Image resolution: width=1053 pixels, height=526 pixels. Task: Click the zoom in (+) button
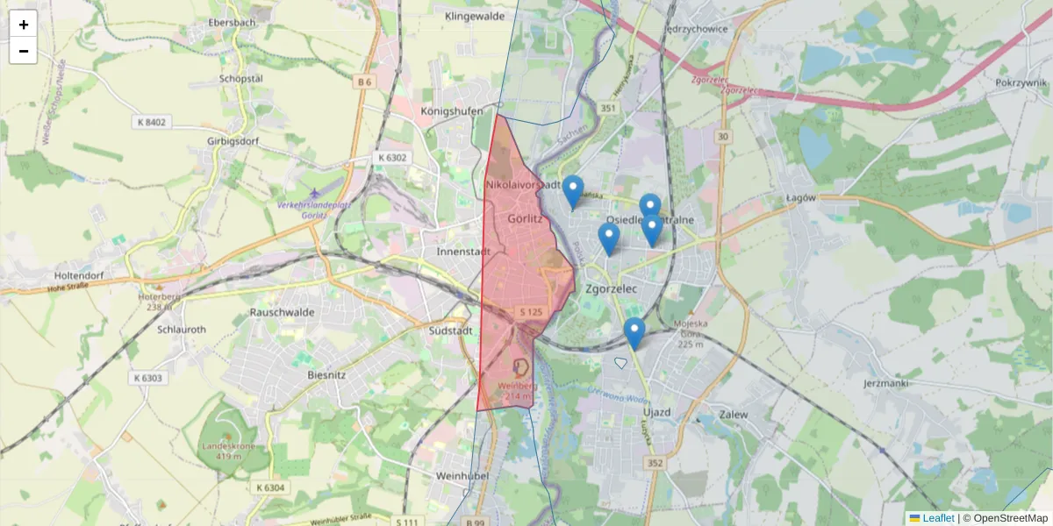pos(23,24)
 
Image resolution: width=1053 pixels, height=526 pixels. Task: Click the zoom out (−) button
pos(23,51)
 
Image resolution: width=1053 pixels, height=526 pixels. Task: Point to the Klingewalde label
pos(475,16)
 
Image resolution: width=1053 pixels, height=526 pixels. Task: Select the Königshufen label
pos(452,111)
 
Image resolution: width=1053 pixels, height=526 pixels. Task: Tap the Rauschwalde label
pos(282,311)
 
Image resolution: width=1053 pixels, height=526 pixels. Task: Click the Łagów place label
pos(802,198)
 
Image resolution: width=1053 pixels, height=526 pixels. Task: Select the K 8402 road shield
pos(151,122)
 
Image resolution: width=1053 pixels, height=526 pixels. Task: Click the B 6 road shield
pos(365,82)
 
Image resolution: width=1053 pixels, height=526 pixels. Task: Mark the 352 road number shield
pos(653,462)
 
